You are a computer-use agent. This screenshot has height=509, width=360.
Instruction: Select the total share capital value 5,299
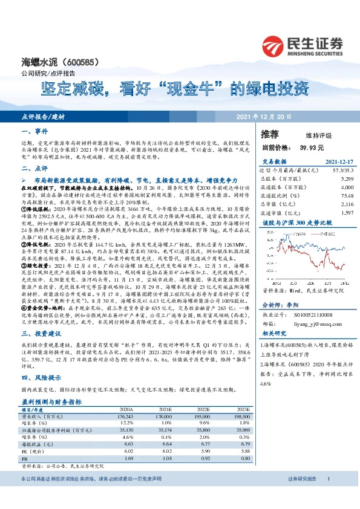[x=347, y=180]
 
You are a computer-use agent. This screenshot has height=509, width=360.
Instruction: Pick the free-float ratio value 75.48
[x=347, y=196]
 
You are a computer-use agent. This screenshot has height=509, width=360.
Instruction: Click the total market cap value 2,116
[x=347, y=204]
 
